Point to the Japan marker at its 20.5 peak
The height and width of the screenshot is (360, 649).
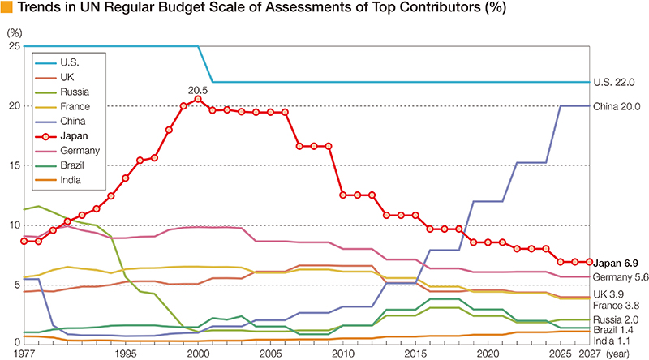coord(198,99)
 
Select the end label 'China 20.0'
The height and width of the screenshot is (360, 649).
coord(617,106)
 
